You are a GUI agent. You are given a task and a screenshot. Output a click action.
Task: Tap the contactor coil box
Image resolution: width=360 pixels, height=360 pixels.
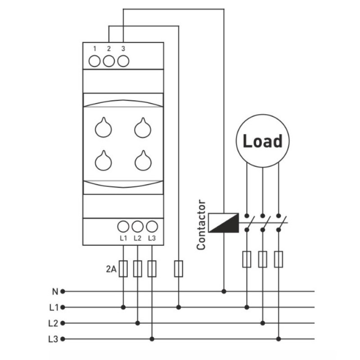pyautogui.click(x=223, y=223)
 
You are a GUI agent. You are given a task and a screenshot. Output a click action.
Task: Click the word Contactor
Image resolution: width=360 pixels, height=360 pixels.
pyautogui.click(x=201, y=225)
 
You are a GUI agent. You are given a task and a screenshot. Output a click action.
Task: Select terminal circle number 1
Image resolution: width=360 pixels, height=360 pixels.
pyautogui.click(x=94, y=61)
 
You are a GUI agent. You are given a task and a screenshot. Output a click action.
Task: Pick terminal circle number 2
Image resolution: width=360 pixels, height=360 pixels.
pyautogui.click(x=109, y=61)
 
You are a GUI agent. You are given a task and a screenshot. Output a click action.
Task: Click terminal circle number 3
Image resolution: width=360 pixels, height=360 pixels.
pyautogui.click(x=123, y=61)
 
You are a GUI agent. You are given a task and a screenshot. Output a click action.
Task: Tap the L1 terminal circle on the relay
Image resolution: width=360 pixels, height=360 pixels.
pyautogui.click(x=123, y=227)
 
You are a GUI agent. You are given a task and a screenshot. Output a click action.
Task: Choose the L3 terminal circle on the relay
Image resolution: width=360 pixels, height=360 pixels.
pyautogui.click(x=152, y=227)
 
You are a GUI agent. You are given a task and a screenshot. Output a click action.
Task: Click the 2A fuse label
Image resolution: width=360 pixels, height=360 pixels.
pyautogui.click(x=111, y=269)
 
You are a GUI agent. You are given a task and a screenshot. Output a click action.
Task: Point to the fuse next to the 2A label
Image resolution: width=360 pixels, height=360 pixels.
pyautogui.click(x=123, y=269)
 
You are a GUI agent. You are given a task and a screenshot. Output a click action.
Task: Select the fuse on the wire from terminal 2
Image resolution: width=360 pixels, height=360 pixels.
pyautogui.click(x=179, y=269)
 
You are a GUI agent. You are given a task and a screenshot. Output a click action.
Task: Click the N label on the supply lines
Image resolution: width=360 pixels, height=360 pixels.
pyautogui.click(x=55, y=292)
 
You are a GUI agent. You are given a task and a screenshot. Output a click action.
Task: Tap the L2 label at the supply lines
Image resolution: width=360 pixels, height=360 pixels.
pyautogui.click(x=53, y=323)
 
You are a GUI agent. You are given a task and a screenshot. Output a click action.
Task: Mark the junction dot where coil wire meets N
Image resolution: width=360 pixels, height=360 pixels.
pyautogui.click(x=224, y=292)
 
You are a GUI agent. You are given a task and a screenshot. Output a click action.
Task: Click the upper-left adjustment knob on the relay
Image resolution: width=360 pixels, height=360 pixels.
pyautogui.click(x=103, y=127)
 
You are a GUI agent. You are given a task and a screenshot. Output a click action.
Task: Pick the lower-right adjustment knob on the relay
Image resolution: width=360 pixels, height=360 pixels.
pyautogui.click(x=143, y=161)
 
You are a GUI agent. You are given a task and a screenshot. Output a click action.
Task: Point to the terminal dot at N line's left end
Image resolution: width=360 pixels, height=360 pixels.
pyautogui.click(x=63, y=292)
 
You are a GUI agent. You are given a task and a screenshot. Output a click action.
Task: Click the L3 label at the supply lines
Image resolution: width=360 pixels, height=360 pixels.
pyautogui.click(x=53, y=339)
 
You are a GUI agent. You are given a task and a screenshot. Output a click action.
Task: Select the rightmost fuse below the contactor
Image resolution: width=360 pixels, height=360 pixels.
pyautogui.click(x=279, y=260)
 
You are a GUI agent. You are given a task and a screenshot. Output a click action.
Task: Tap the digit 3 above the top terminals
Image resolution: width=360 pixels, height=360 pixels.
pyautogui.click(x=123, y=49)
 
